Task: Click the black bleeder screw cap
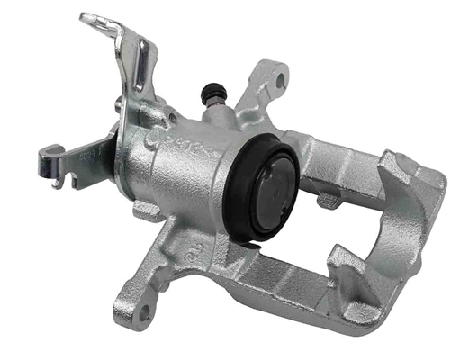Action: click(x=213, y=90)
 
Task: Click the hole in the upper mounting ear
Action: click(x=280, y=81)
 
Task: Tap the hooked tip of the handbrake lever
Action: click(x=46, y=164)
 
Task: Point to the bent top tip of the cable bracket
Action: click(x=89, y=17)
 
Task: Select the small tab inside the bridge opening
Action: click(x=329, y=200)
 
